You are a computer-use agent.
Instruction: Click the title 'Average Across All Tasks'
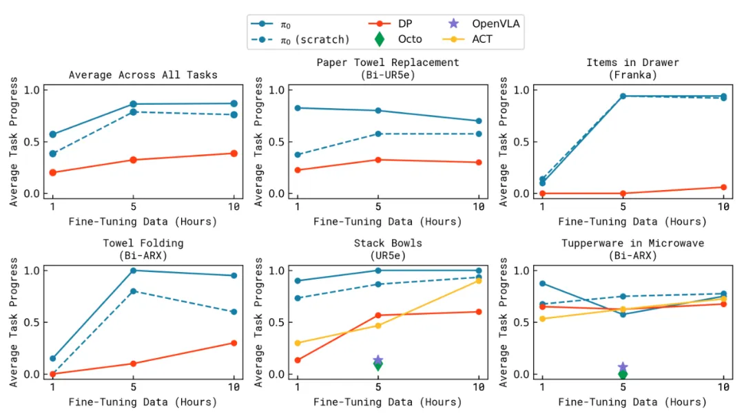(143, 74)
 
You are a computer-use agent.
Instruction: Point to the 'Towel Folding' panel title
(143, 243)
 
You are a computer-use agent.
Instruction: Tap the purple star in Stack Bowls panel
(378, 360)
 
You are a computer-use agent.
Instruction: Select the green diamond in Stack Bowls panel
(378, 365)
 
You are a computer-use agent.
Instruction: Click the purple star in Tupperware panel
(623, 367)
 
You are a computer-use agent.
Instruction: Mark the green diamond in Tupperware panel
(623, 374)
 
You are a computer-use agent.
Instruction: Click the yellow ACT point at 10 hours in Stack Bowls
(478, 281)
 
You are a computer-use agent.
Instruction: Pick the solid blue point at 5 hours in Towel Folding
(134, 271)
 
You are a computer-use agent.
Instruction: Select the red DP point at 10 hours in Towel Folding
(234, 343)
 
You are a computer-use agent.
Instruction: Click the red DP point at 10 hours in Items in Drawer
(723, 187)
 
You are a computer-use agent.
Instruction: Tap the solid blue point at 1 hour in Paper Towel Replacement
(298, 108)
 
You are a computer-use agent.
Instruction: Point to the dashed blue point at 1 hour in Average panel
(53, 154)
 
